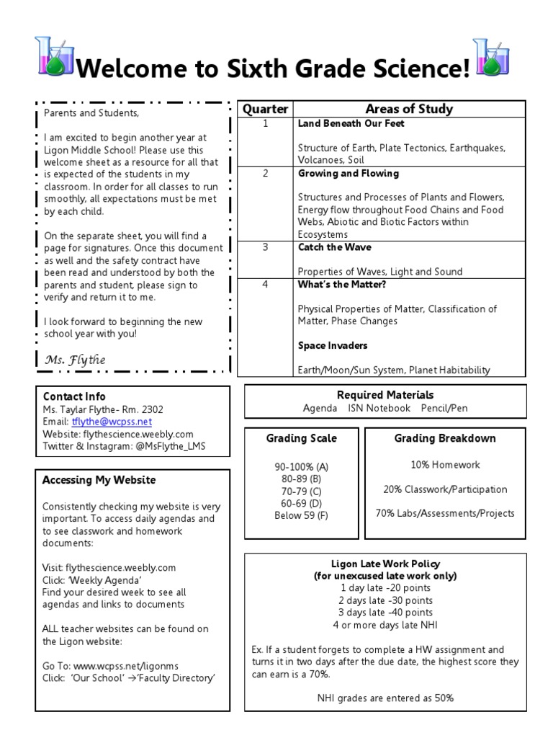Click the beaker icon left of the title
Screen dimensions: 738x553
click(54, 58)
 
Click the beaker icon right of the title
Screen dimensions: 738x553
click(490, 58)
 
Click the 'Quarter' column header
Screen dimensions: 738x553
click(264, 110)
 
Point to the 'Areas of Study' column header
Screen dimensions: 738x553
click(409, 110)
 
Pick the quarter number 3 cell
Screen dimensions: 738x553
click(264, 247)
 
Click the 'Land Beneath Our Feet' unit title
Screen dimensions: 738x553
click(340, 124)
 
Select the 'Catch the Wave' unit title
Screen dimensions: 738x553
click(335, 247)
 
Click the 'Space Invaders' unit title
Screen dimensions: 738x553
click(333, 346)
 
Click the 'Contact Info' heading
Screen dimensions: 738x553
click(74, 396)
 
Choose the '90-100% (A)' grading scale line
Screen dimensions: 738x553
click(301, 466)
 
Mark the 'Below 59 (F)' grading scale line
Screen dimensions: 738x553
click(301, 515)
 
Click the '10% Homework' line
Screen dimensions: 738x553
click(445, 465)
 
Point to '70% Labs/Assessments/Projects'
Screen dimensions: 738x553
click(445, 513)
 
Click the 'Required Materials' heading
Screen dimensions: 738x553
click(385, 395)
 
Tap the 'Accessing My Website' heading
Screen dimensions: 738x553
click(99, 480)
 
